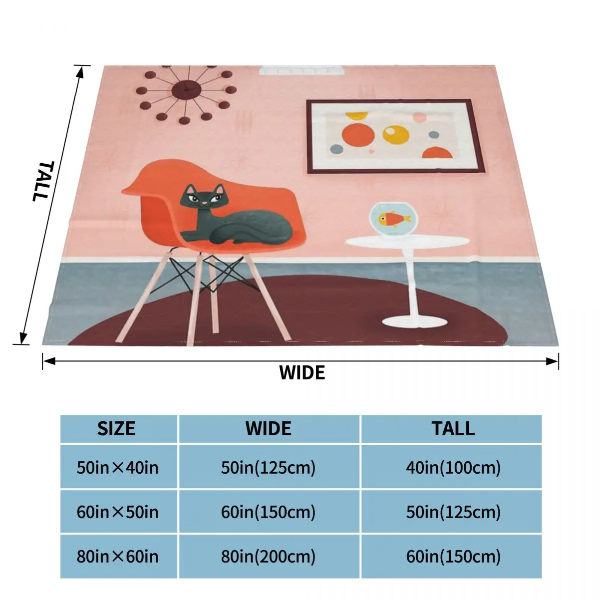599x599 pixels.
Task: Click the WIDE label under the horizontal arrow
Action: pos(301,372)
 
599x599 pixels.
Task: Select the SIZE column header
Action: pos(116,429)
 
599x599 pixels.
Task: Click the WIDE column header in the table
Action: pos(269,429)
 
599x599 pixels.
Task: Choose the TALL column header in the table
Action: pos(453,429)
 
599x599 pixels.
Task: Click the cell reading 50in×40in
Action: pos(117,468)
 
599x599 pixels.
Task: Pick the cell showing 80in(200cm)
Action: pos(269,556)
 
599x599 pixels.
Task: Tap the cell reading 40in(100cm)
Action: pos(453,468)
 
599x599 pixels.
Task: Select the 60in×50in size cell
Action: pos(117,512)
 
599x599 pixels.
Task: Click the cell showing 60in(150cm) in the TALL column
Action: pos(453,556)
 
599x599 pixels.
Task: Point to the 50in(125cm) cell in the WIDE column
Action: pos(269,468)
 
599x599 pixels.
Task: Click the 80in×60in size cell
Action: pos(117,556)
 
